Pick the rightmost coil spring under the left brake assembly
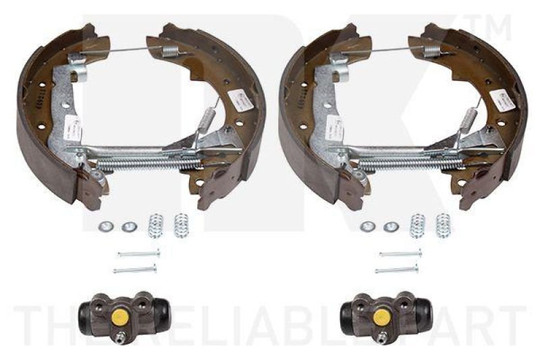181,225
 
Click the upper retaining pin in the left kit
138,254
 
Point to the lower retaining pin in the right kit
397,270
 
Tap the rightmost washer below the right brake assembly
389,227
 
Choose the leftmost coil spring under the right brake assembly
417,225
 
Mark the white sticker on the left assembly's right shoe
242,102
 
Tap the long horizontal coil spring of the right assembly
409,163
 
